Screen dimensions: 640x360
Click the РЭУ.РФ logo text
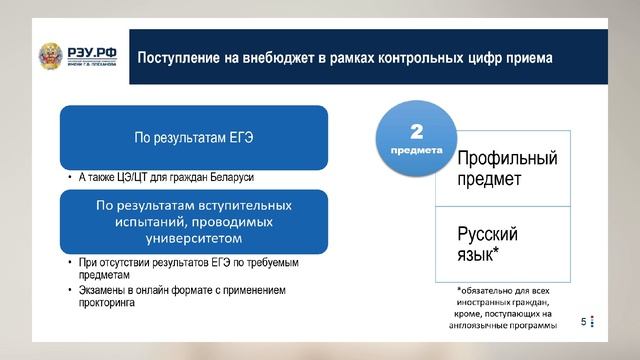tap(92, 53)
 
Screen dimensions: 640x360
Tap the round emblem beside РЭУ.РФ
tap(51, 56)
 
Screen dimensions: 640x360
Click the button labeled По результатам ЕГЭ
tap(194, 138)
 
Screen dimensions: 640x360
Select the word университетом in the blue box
tap(194, 238)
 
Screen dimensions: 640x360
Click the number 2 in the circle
tap(416, 131)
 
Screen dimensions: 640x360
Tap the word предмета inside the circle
tap(416, 151)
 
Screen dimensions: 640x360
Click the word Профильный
tap(507, 158)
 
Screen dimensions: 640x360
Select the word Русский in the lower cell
tap(487, 234)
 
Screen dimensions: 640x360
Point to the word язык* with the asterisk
tap(478, 255)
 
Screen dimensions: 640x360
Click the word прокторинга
tap(107, 303)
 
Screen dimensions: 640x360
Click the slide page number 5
tap(584, 322)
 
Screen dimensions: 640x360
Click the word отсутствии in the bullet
tap(124, 262)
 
